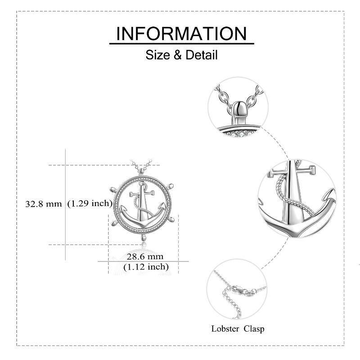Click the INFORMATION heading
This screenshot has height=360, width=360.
pos(181,33)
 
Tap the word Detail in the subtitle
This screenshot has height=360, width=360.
pos(201,55)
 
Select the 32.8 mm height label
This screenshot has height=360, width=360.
pos(44,204)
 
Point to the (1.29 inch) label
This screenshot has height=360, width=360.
pos(90,203)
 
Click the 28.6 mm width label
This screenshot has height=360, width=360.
pos(145,256)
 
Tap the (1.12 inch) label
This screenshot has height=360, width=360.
pos(146,267)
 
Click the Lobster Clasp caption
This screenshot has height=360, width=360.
pos(238,328)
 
